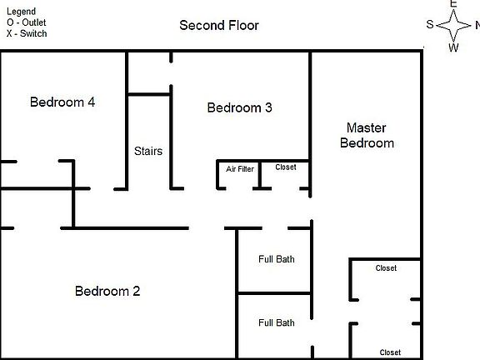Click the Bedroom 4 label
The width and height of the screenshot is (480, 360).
point(62,102)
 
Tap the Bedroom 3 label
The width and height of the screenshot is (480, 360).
point(239,107)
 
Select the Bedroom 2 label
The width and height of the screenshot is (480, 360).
point(107,291)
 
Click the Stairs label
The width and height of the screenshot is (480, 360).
point(148,152)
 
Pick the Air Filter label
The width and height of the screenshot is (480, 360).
point(240,169)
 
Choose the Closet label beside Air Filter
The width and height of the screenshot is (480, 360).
point(286,167)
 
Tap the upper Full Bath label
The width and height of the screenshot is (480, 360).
point(276,259)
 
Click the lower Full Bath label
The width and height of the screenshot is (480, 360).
point(276,322)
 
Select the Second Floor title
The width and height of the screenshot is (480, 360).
point(219,25)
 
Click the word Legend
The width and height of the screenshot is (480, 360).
point(21,11)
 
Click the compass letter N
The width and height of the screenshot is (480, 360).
point(476,24)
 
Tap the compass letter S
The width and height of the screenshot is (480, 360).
point(430,24)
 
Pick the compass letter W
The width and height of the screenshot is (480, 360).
point(454,47)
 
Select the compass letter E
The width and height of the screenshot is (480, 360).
point(453,4)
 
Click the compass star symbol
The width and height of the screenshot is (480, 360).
point(453,25)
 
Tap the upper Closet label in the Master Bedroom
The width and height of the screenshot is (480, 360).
point(386,268)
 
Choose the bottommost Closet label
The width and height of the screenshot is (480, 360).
point(390,352)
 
